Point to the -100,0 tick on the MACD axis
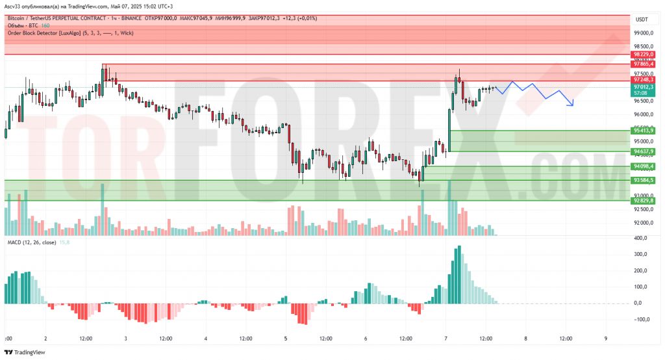pos(642,319)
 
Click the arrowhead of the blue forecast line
pos(571,105)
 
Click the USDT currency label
pos(642,19)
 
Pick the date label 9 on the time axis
pos(605,339)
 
